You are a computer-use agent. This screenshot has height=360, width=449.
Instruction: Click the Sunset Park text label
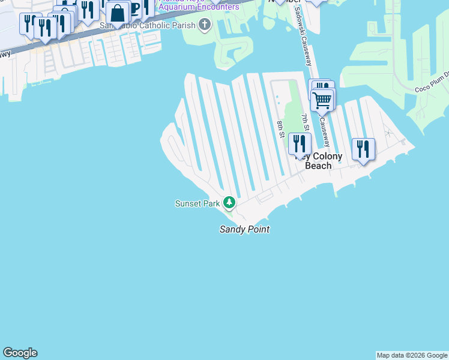[197, 203]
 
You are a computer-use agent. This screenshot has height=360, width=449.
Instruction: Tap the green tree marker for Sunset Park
[229, 202]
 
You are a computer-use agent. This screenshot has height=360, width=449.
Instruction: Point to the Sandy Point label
[244, 229]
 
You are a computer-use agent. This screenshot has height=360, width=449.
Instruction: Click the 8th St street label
[280, 129]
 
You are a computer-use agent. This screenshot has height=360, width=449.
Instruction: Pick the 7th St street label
[306, 123]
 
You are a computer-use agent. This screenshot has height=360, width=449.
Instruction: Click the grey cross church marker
[205, 25]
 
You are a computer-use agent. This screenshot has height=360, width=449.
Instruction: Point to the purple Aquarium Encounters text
[198, 7]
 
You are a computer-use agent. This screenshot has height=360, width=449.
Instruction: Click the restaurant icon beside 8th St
[299, 144]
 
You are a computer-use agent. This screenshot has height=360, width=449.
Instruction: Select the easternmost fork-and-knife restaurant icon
[363, 148]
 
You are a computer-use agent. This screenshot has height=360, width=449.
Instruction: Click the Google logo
[20, 353]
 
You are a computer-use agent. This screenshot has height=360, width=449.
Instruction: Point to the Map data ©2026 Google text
[412, 355]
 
